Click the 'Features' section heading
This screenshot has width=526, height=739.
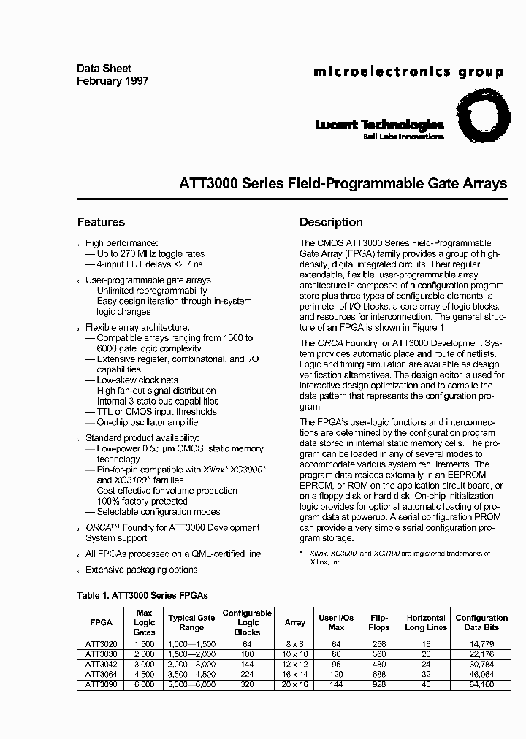101,222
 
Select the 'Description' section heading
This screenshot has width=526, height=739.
331,222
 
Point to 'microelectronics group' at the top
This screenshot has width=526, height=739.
408,72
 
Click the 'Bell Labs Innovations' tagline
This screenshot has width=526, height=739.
403,137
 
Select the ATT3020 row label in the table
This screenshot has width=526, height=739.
101,644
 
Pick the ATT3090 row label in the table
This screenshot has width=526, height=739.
101,685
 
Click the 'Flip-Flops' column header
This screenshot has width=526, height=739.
379,622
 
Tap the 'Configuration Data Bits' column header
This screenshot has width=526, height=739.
481,622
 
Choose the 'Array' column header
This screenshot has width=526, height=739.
295,623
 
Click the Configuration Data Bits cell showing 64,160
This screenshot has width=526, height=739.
481,685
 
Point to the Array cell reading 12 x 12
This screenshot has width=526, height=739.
295,665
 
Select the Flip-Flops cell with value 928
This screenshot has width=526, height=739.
379,685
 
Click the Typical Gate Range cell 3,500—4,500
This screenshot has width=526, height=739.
191,675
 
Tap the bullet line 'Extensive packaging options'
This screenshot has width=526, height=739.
141,570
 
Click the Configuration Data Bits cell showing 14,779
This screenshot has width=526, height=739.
481,644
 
